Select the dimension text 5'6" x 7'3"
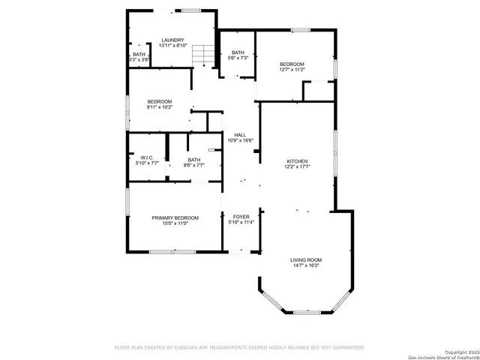[238, 58]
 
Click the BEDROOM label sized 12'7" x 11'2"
[292, 64]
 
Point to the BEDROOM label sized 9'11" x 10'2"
[159, 101]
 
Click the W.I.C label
[146, 157]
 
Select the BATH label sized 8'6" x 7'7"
[193, 160]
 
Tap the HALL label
[240, 135]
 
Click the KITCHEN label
[298, 161]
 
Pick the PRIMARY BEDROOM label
[175, 217]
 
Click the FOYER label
[241, 217]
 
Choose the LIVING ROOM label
[305, 259]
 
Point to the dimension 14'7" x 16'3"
[305, 265]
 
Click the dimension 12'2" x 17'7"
[298, 167]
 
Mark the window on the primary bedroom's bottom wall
[172, 252]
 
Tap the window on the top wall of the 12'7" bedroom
[301, 30]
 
